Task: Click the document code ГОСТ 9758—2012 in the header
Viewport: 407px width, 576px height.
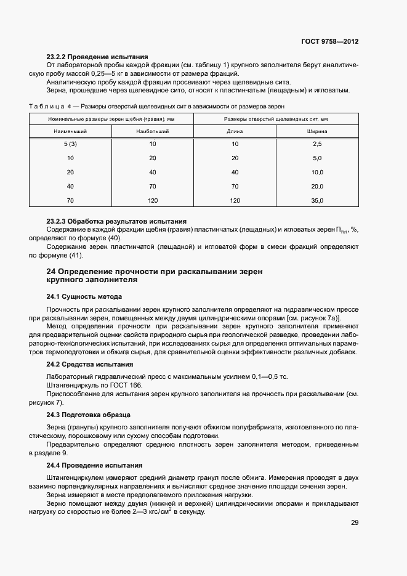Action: pyautogui.click(x=330, y=42)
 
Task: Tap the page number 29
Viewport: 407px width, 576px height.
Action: pyautogui.click(x=354, y=522)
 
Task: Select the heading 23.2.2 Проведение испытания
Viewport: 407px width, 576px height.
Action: pyautogui.click(x=97, y=57)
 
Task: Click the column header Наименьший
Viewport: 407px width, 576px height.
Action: pyautogui.click(x=70, y=131)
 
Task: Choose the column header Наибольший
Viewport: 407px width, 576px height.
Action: pyautogui.click(x=153, y=131)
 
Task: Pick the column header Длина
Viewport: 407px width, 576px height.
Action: pyautogui.click(x=235, y=131)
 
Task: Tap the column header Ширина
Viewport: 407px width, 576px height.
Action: pyautogui.click(x=317, y=131)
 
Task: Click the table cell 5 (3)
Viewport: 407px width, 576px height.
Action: pyautogui.click(x=70, y=144)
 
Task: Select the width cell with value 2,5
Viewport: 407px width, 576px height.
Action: pyautogui.click(x=317, y=144)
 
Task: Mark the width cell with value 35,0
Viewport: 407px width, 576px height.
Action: pyautogui.click(x=317, y=201)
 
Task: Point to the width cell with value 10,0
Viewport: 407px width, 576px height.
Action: pyautogui.click(x=317, y=172)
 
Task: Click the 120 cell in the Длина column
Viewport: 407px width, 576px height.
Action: pyautogui.click(x=235, y=201)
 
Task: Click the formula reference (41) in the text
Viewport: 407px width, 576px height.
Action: pyautogui.click(x=75, y=255)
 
